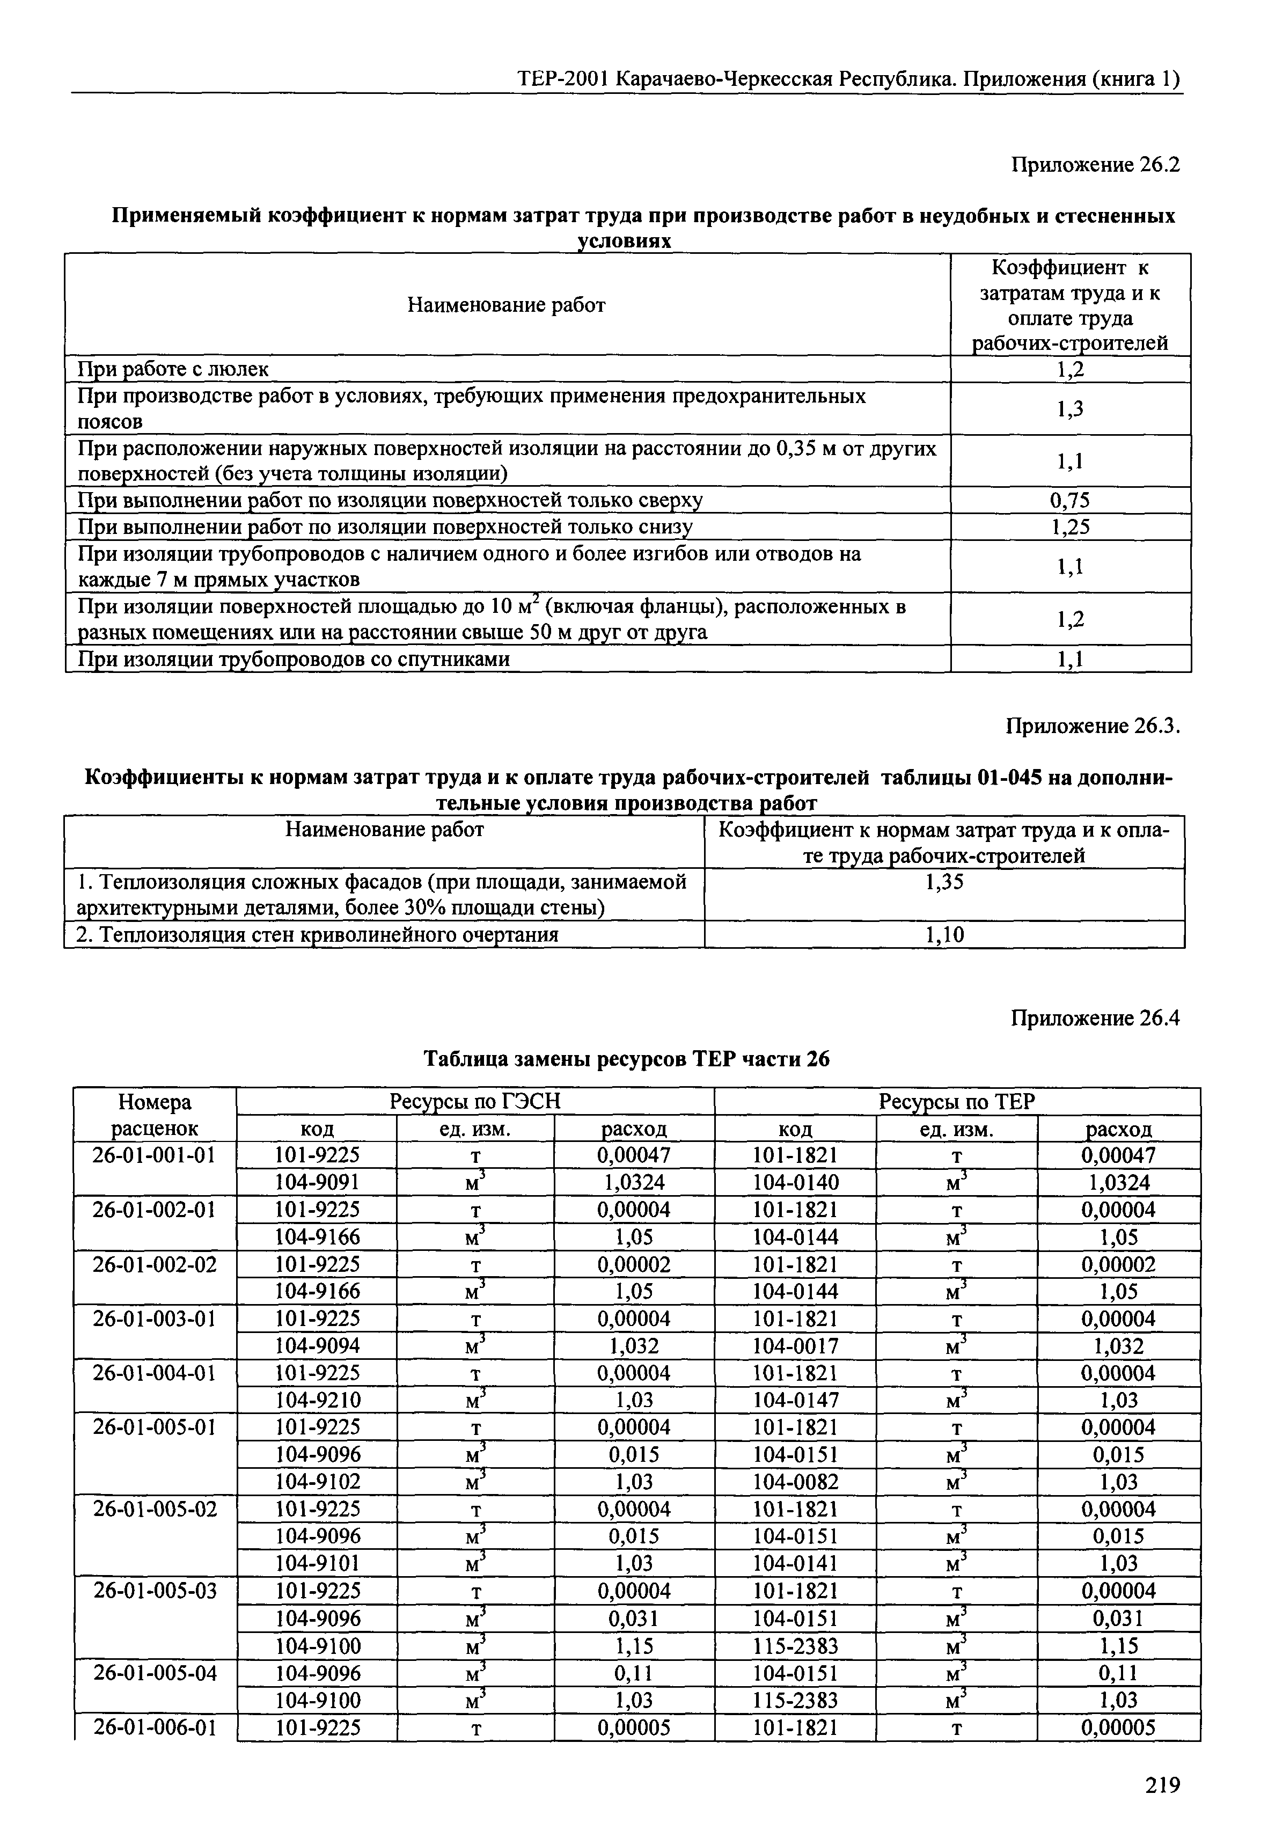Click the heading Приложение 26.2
1095,165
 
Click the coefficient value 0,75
1069,500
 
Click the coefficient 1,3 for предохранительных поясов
1069,409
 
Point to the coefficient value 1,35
944,882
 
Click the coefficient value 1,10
944,935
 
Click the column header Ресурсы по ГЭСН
474,1102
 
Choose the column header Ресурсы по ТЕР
957,1102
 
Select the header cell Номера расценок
154,1115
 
